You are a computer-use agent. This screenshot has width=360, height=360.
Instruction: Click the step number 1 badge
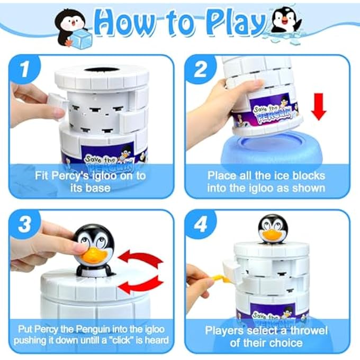(x=25, y=69)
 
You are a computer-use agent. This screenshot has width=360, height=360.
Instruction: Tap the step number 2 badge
(x=200, y=69)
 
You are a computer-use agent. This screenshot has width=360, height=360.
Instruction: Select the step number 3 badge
(x=25, y=224)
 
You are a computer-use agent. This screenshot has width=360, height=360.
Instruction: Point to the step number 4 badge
(x=200, y=224)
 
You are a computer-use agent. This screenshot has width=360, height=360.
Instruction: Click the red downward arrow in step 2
(x=319, y=107)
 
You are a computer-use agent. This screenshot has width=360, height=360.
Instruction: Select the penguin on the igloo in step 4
(x=273, y=229)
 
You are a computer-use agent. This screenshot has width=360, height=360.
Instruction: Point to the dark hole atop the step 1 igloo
(x=102, y=70)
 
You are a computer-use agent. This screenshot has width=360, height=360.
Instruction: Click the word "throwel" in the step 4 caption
(x=309, y=330)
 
